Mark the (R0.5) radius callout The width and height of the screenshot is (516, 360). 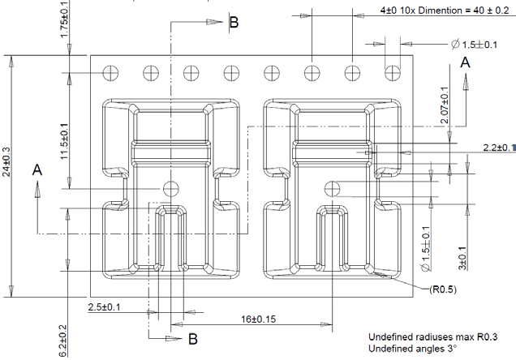(x=438, y=289)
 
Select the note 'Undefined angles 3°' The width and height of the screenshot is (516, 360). (x=413, y=349)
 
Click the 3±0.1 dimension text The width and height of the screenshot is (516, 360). (x=462, y=258)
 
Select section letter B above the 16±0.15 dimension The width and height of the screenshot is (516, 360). (x=193, y=338)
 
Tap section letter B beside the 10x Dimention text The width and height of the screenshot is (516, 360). (x=234, y=23)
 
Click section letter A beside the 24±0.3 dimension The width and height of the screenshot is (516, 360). (x=37, y=170)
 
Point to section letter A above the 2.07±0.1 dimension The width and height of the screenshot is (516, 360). (x=466, y=62)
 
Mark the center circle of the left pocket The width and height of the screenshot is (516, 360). (x=170, y=188)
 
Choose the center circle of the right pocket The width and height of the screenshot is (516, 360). (x=330, y=188)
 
